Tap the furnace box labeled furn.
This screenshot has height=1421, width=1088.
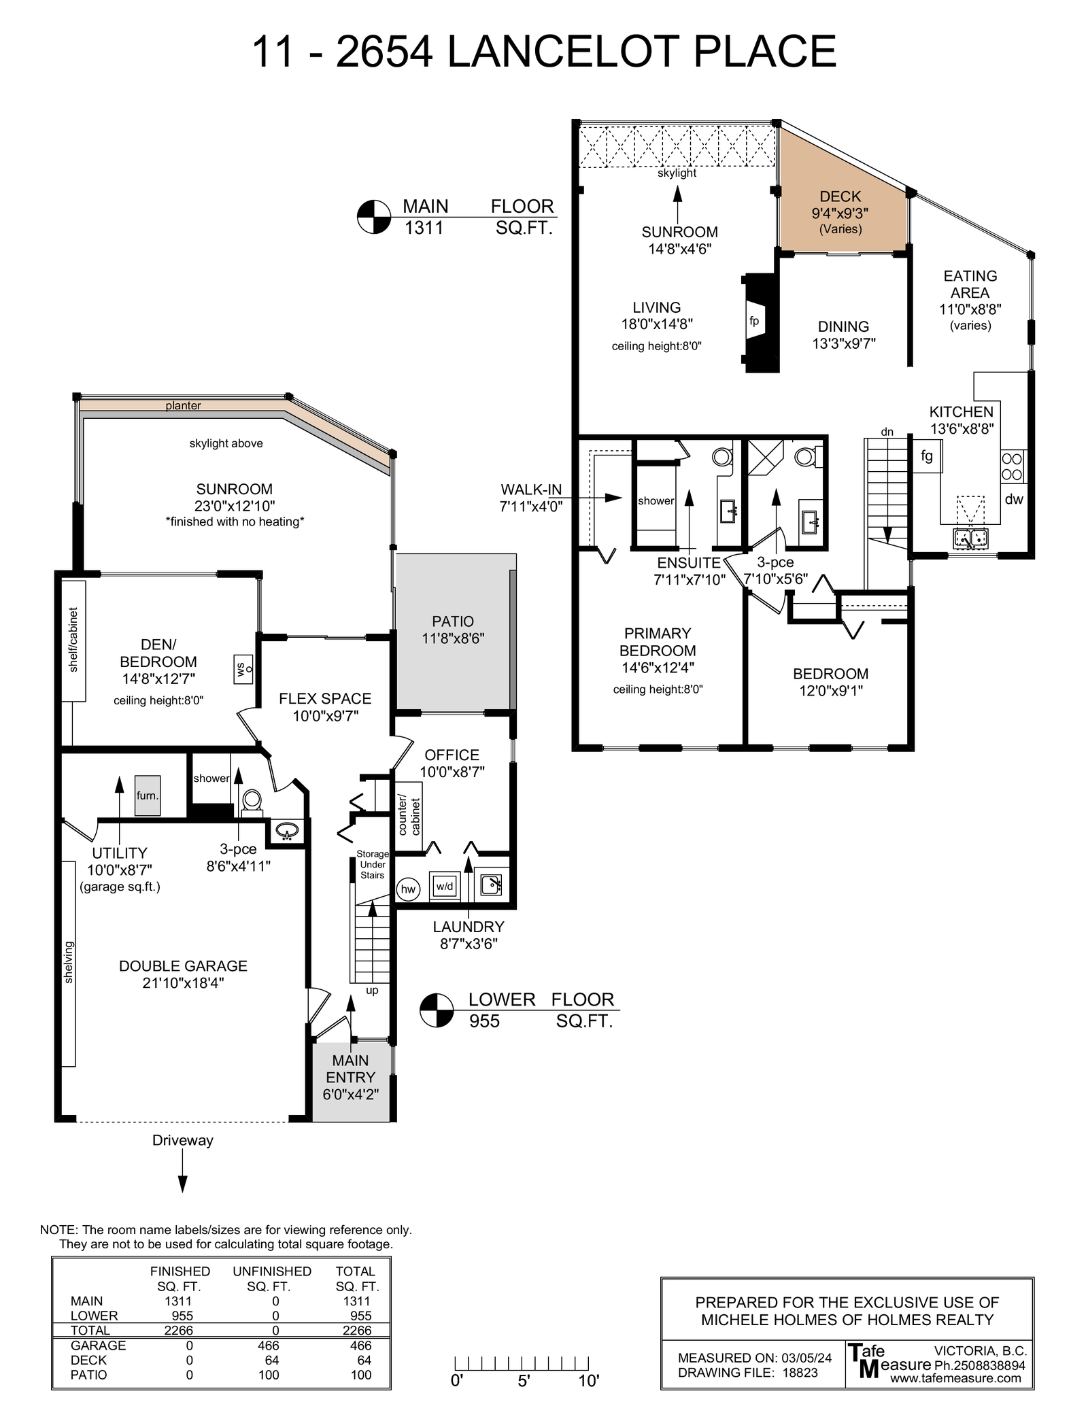(x=147, y=795)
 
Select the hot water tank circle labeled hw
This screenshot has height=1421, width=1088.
(x=408, y=889)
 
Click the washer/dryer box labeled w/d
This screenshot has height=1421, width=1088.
(x=445, y=887)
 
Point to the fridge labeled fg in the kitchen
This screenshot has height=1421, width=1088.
(x=927, y=456)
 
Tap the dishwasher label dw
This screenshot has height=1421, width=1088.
(x=1014, y=499)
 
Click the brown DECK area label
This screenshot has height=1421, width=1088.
(x=840, y=196)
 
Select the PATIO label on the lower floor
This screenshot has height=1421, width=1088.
(x=453, y=621)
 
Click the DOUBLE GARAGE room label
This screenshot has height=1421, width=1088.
(x=183, y=966)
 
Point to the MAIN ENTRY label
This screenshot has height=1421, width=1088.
(x=350, y=1069)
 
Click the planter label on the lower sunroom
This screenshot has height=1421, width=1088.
(x=183, y=406)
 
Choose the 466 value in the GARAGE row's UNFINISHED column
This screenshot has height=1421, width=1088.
(x=269, y=1346)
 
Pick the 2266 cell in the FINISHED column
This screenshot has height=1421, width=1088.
(x=179, y=1331)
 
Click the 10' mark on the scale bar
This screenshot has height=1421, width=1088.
(x=589, y=1381)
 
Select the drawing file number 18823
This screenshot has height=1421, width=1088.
(x=800, y=1372)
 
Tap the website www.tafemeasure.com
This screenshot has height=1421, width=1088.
(x=955, y=1378)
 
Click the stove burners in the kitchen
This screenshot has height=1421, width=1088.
(x=1012, y=466)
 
